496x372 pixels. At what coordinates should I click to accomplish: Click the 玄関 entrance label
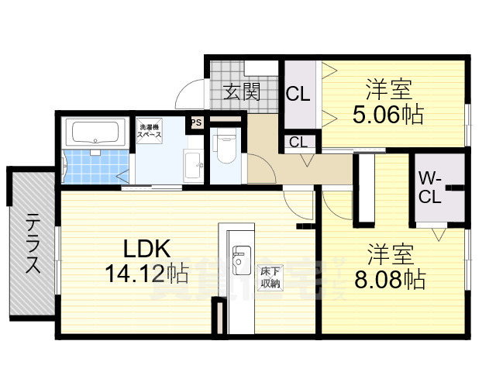241,92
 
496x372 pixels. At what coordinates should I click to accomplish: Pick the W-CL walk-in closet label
431,188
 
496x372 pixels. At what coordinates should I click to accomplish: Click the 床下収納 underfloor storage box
270,277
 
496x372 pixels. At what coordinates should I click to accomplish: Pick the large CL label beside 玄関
298,95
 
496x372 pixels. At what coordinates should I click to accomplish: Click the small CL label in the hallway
298,142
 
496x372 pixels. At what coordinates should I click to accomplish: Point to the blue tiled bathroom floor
93,166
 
